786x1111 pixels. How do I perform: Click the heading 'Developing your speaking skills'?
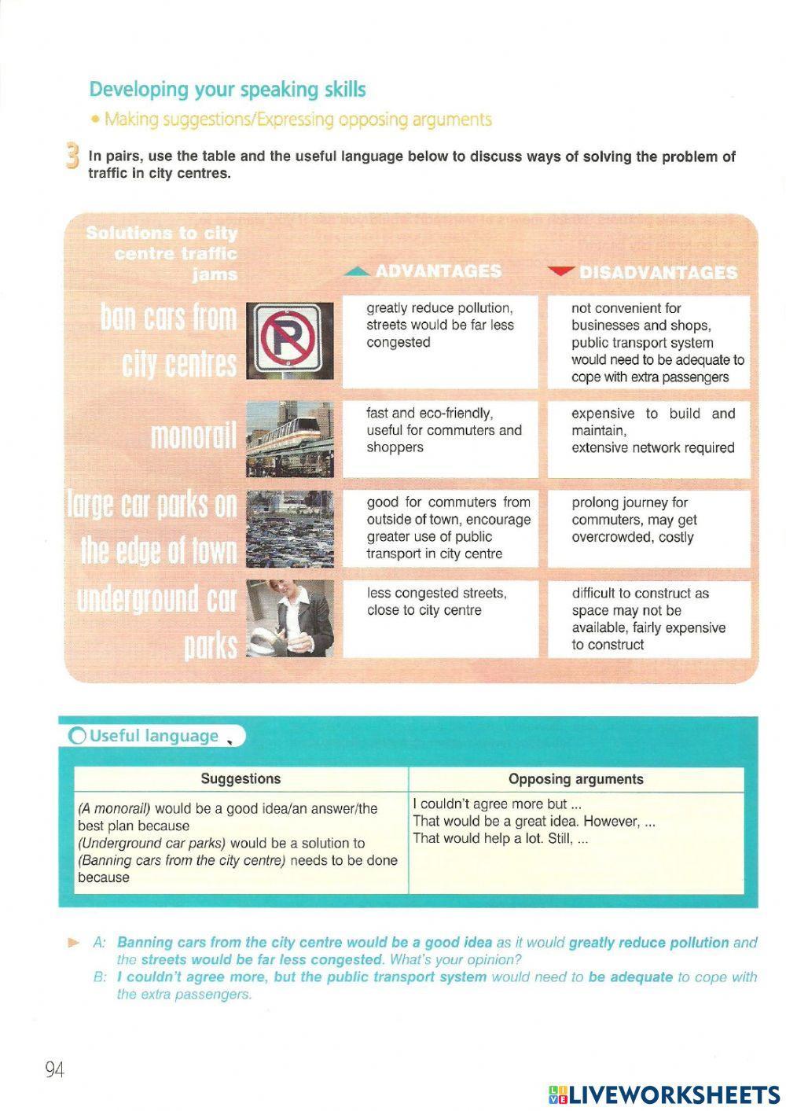pos(227,90)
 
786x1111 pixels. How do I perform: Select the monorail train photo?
pos(289,439)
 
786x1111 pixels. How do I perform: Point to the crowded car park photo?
pos(289,528)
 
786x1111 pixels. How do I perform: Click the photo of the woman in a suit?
pos(289,619)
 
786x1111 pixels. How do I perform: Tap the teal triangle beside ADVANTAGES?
pos(358,272)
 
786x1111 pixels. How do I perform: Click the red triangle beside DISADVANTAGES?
pos(560,272)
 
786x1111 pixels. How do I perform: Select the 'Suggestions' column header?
pos(241,779)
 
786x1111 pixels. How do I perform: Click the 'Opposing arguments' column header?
pos(575,779)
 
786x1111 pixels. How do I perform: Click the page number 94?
pos(54,1069)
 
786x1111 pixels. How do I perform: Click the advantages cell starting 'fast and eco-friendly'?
pos(440,439)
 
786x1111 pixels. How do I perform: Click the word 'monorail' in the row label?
pos(193,436)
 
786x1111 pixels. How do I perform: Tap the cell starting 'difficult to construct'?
pos(648,619)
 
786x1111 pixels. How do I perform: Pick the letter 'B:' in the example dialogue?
pos(100,977)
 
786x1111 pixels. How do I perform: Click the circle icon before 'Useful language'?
pos(78,737)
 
